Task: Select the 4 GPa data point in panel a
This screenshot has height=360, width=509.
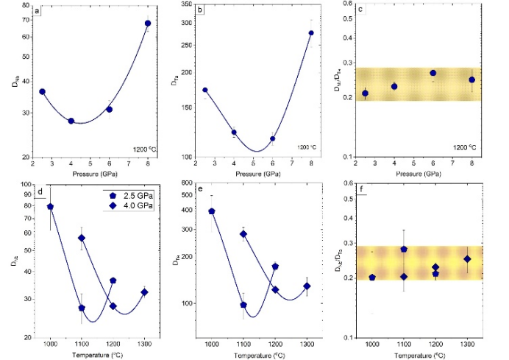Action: point(71,121)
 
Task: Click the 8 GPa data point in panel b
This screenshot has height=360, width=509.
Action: point(311,33)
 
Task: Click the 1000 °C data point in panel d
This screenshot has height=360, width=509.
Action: point(50,207)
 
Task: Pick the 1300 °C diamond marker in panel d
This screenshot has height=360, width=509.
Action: point(144,292)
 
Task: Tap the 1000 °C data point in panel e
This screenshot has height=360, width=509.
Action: point(212,211)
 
